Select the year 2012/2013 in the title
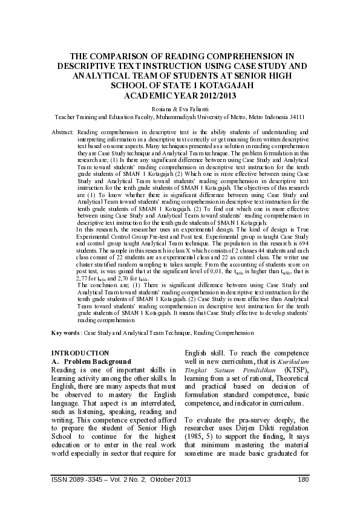(x=211, y=96)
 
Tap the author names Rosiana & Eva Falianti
(x=180, y=109)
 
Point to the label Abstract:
(x=63, y=132)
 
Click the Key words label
(x=65, y=332)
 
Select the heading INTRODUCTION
(x=80, y=352)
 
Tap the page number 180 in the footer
(x=304, y=480)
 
